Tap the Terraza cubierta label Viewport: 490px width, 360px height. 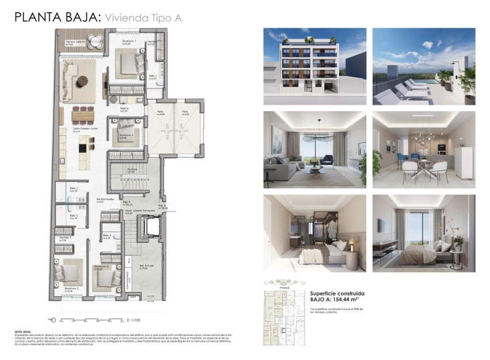(74, 42)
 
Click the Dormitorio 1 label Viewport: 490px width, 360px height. (129, 41)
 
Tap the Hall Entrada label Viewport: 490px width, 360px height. (148, 266)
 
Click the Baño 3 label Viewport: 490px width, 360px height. (107, 236)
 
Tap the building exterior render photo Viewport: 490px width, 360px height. (314, 66)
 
